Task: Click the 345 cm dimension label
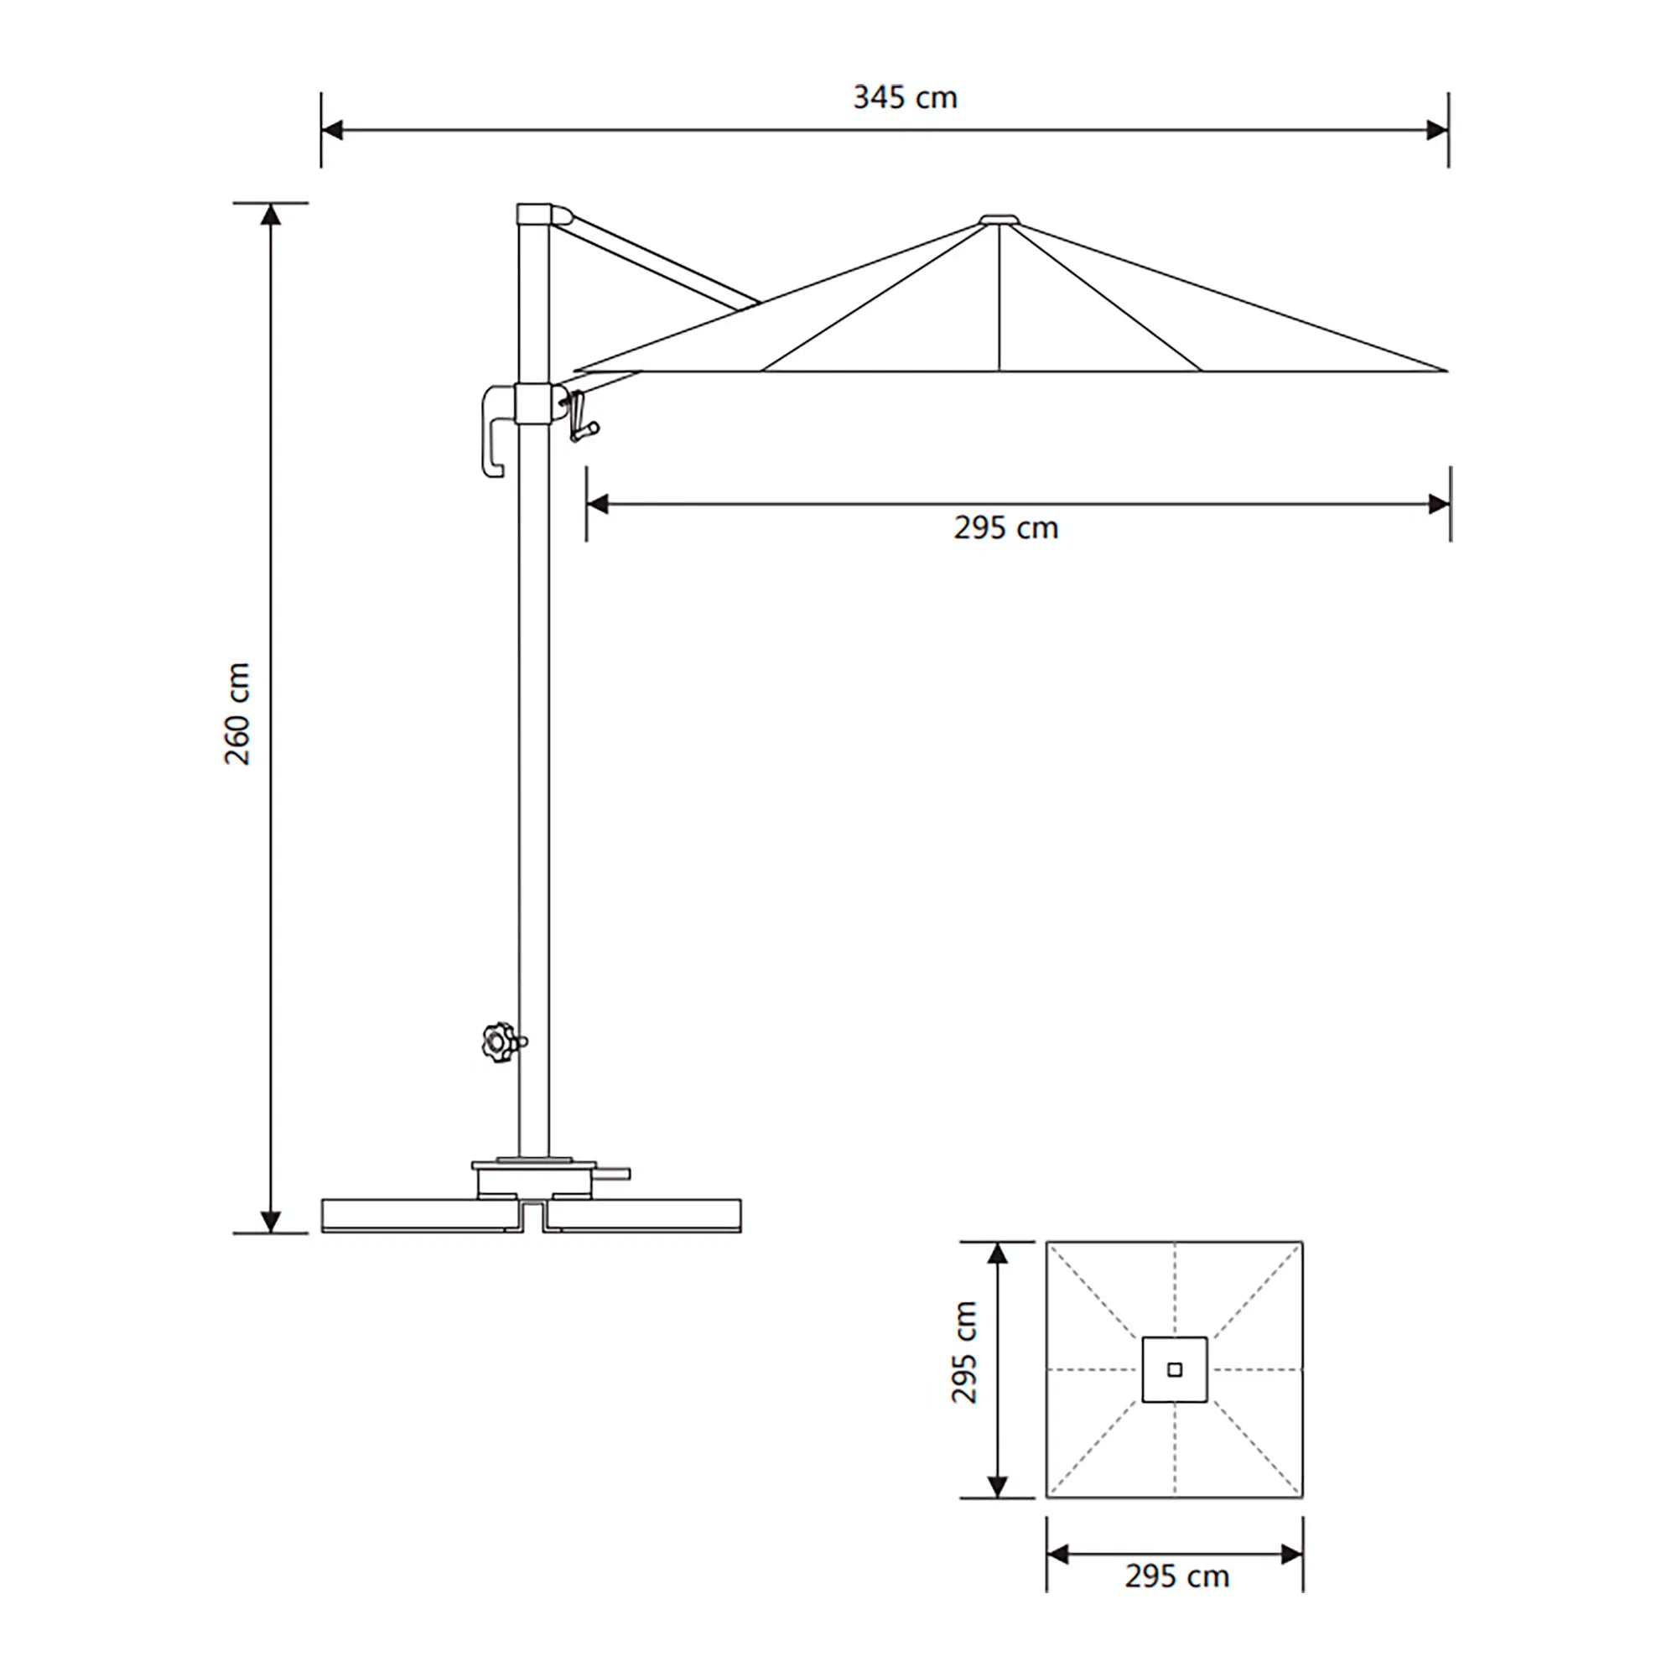pos(905,97)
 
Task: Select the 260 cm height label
pos(237,714)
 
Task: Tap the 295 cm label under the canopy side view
pos(1005,527)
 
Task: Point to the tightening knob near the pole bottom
pos(499,1041)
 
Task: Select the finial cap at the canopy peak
pos(999,220)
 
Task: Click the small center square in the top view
pos(1175,1370)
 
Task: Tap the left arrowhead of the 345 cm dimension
pos(332,130)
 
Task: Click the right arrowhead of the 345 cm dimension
pos(1437,130)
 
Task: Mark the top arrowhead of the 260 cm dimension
pos(271,214)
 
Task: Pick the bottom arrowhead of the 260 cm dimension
pos(271,1223)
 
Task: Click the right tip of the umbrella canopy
pos(1445,370)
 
